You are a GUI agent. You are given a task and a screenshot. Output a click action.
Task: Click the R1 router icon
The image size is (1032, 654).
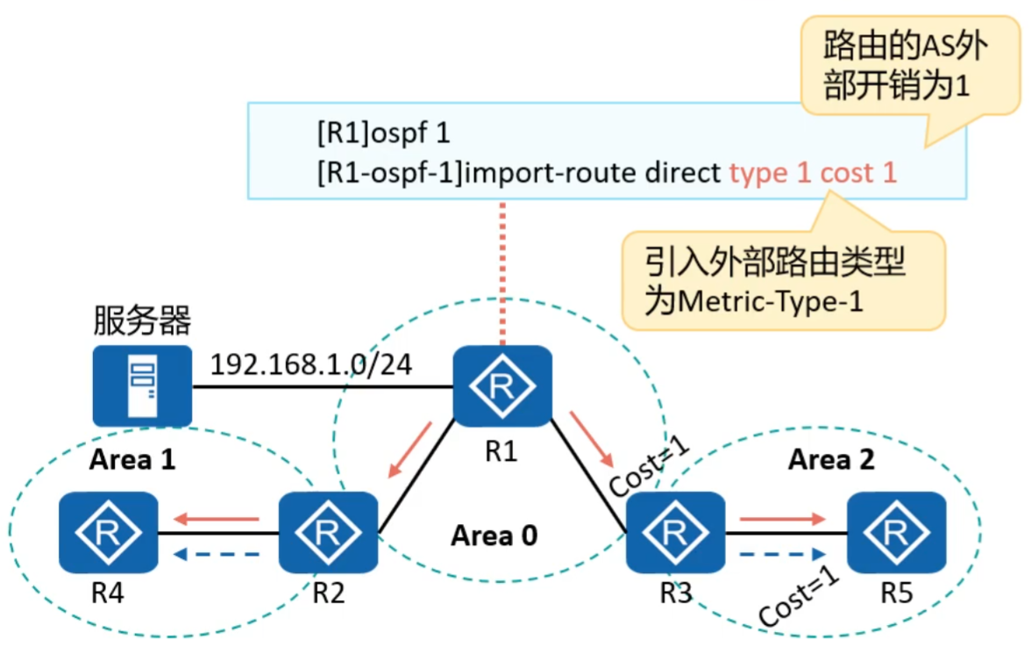click(x=502, y=387)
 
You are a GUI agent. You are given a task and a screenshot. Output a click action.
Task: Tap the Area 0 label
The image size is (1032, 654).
click(x=494, y=535)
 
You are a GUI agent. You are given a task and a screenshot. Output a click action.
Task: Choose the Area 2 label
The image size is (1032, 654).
click(x=830, y=459)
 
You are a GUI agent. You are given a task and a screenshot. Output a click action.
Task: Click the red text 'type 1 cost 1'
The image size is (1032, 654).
click(x=813, y=172)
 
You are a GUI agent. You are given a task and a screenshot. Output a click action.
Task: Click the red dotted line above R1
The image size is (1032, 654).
click(x=502, y=273)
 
